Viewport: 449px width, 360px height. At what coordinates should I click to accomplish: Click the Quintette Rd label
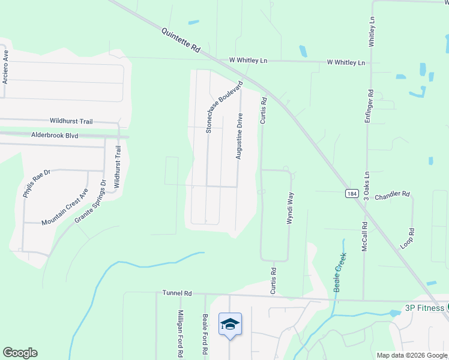(180, 41)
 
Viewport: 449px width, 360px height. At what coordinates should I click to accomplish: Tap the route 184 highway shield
(352, 193)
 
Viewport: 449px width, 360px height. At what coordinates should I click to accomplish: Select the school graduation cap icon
(230, 325)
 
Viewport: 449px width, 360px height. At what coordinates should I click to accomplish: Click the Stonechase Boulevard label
(224, 106)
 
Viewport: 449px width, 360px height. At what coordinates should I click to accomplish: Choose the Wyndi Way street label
(290, 208)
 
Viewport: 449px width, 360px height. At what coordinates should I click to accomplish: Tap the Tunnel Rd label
(177, 293)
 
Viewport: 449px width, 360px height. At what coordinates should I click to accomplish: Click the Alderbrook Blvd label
(55, 136)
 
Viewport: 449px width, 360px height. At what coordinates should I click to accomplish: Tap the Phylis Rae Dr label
(37, 184)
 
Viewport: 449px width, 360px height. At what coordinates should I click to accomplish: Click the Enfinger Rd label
(370, 107)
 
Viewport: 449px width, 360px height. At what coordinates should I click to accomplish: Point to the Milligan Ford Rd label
(180, 334)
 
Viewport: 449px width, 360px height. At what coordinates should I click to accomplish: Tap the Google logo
(20, 353)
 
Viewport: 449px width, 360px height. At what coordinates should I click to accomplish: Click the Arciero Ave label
(6, 66)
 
